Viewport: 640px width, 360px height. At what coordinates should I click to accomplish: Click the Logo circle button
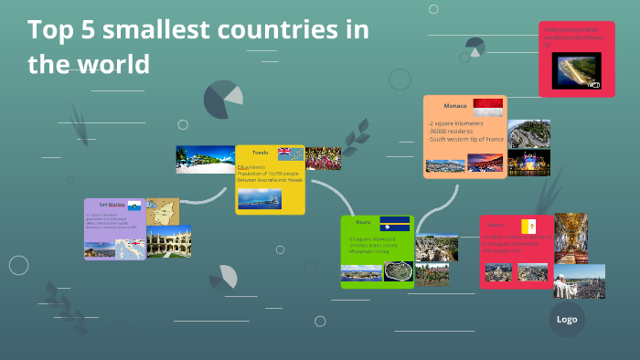pyautogui.click(x=567, y=319)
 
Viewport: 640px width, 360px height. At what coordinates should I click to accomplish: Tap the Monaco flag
pyautogui.click(x=487, y=108)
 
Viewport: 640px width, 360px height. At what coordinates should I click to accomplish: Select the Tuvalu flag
pyautogui.click(x=290, y=153)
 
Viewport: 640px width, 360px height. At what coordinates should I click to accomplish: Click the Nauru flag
pyautogui.click(x=398, y=222)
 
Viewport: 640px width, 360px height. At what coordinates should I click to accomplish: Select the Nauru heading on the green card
pyautogui.click(x=363, y=222)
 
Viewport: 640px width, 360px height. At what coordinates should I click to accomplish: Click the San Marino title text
pyautogui.click(x=110, y=205)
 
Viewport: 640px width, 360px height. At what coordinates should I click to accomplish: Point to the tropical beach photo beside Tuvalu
pyautogui.click(x=205, y=159)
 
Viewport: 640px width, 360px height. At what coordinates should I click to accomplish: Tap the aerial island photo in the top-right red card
pyautogui.click(x=577, y=70)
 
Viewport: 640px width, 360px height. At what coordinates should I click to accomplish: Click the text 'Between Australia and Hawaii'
pyautogui.click(x=269, y=180)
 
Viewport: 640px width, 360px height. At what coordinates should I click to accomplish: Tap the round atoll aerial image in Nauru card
pyautogui.click(x=398, y=271)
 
